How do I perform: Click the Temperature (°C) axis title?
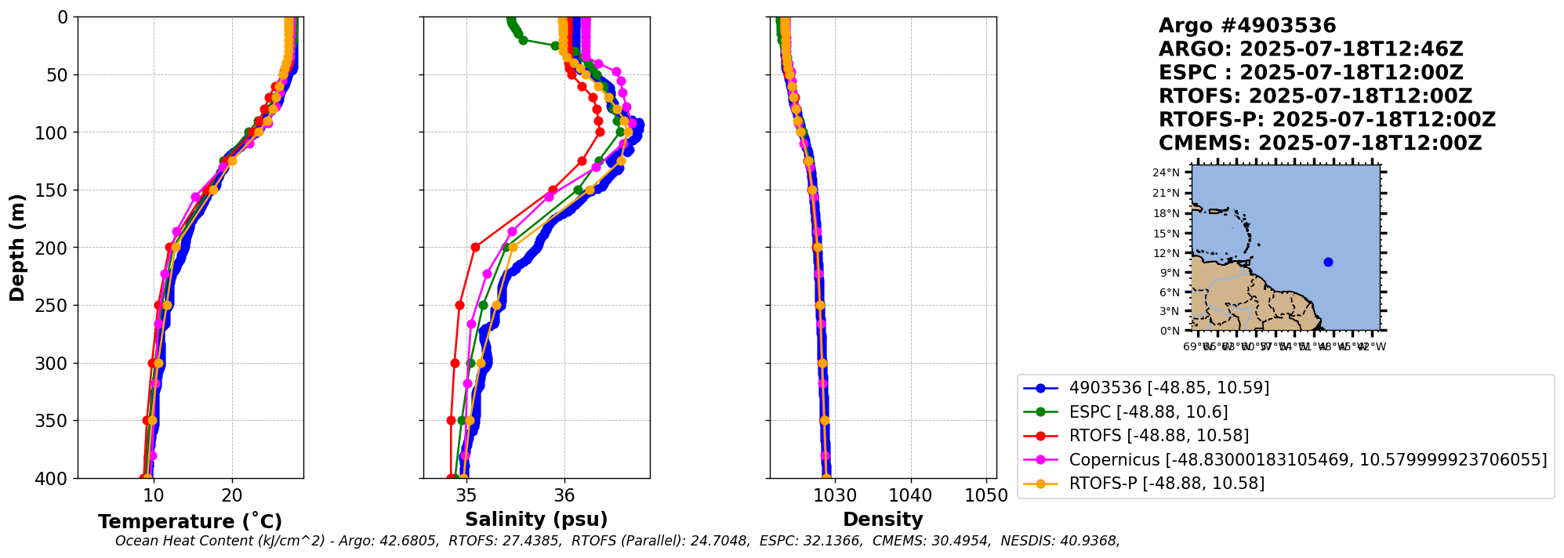point(190,522)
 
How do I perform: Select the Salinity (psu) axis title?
point(536,520)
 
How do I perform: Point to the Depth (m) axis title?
point(16,248)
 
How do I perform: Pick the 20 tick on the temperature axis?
point(232,495)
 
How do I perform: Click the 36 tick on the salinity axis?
point(564,495)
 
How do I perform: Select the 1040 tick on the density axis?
point(911,495)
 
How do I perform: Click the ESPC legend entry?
point(1148,412)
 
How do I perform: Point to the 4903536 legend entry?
point(1169,388)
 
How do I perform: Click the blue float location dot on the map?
point(1328,263)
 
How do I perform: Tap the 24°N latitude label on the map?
point(1166,173)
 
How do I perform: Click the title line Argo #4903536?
point(1247,26)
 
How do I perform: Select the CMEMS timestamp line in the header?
point(1320,143)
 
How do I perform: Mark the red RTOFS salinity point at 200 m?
point(475,247)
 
